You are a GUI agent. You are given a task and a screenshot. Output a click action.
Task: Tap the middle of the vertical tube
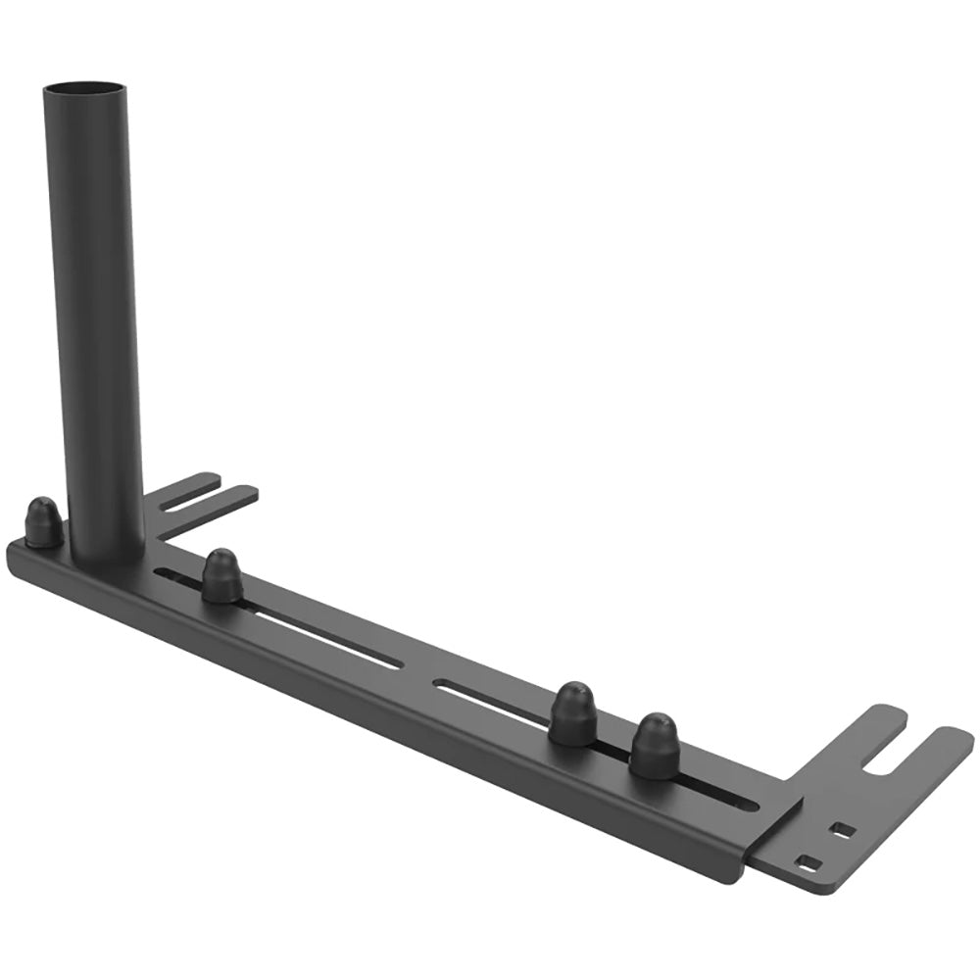pos(94,314)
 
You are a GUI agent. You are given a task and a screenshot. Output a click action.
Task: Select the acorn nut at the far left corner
pos(44,521)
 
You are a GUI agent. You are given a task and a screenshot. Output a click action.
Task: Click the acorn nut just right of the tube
pos(221,575)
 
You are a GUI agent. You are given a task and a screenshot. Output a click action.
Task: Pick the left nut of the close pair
pos(573,714)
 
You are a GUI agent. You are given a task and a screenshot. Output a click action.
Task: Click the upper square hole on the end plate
pos(841,830)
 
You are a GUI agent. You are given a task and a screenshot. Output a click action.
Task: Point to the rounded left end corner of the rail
pos(17,555)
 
